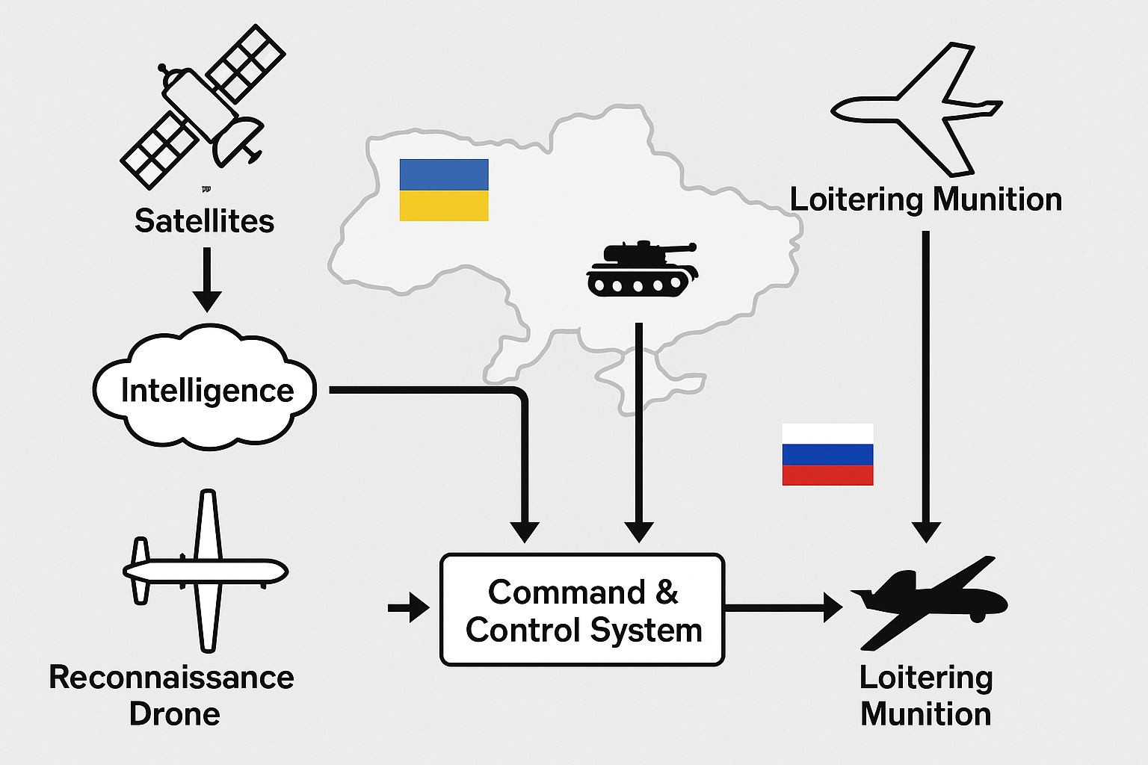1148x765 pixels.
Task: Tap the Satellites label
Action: (x=204, y=221)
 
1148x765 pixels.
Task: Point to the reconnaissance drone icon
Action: (x=206, y=572)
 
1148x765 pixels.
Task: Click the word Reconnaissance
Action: (x=171, y=678)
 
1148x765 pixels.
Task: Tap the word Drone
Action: (x=174, y=714)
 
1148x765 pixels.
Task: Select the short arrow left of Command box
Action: (x=408, y=607)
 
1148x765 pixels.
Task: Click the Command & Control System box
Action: (x=582, y=610)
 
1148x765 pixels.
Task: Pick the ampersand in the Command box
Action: (x=667, y=592)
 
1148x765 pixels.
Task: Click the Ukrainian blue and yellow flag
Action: (x=444, y=190)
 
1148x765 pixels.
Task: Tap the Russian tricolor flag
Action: (x=827, y=454)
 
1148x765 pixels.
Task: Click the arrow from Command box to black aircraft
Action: (x=781, y=607)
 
